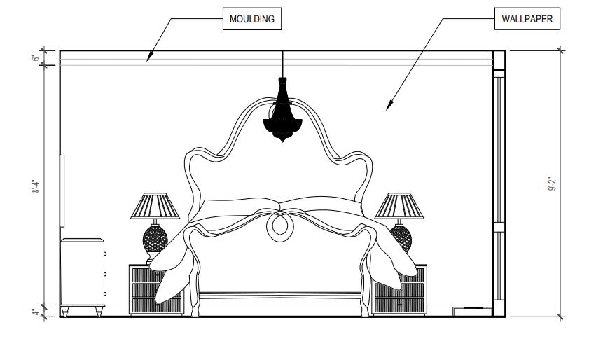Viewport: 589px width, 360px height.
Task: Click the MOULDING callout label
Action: tap(253, 20)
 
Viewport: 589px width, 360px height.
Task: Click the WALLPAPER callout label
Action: tap(527, 20)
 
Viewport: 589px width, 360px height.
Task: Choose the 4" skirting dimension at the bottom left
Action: tap(35, 312)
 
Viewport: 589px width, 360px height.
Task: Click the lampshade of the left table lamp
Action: tap(155, 207)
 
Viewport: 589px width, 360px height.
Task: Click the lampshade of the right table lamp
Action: tap(400, 207)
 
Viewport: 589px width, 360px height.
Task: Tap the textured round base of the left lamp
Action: tap(155, 238)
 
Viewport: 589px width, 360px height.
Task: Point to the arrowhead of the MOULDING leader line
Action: tap(148, 60)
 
